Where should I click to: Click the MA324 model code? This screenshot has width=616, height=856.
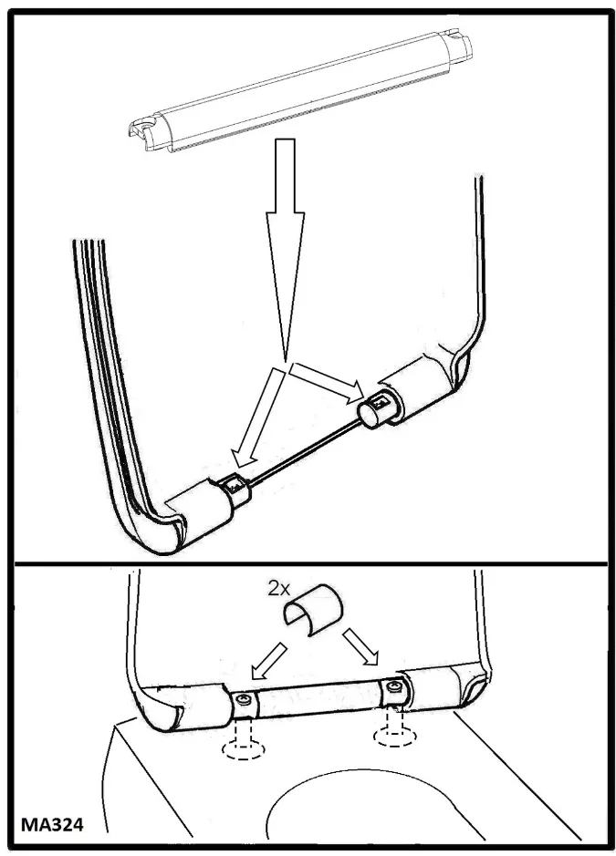pyautogui.click(x=52, y=824)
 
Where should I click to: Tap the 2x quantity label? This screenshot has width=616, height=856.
pyautogui.click(x=278, y=588)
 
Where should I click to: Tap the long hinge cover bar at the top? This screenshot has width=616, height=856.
pyautogui.click(x=300, y=90)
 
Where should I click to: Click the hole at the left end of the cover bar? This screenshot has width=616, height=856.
pyautogui.click(x=145, y=125)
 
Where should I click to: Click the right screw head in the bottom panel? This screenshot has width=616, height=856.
pyautogui.click(x=393, y=686)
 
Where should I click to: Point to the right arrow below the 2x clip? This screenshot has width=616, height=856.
pyautogui.click(x=360, y=647)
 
